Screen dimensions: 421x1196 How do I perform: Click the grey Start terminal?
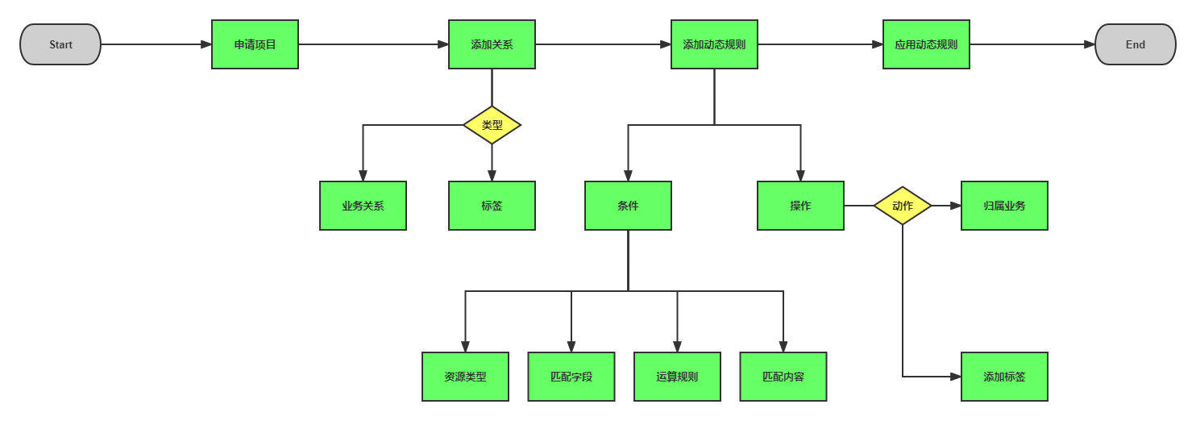pos(60,44)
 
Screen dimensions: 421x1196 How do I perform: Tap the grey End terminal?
pos(1135,44)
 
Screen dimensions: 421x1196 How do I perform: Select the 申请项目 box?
pos(255,44)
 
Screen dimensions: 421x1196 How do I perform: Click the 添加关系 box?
pos(492,44)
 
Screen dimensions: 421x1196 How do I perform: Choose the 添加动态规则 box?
pos(714,44)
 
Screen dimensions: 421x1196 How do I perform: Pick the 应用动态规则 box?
pos(926,44)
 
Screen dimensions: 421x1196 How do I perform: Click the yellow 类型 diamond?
pos(492,125)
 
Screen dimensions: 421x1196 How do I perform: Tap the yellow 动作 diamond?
pos(902,206)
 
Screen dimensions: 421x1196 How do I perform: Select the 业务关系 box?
pos(363,206)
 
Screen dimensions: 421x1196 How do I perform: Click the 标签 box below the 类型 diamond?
pos(492,206)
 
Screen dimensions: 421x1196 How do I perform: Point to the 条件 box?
pos(628,206)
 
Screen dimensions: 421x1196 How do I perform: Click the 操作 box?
pos(800,206)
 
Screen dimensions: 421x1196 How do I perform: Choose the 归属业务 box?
pos(1004,206)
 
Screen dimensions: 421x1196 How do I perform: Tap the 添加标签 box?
pos(1004,377)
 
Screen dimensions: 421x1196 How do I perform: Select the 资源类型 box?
pos(465,377)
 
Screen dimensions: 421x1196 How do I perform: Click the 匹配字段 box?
pos(571,377)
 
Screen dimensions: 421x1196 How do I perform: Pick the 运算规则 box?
pos(677,377)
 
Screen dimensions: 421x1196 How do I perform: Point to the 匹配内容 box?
pos(783,377)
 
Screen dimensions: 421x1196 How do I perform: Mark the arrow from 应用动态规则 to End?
pos(1032,44)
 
